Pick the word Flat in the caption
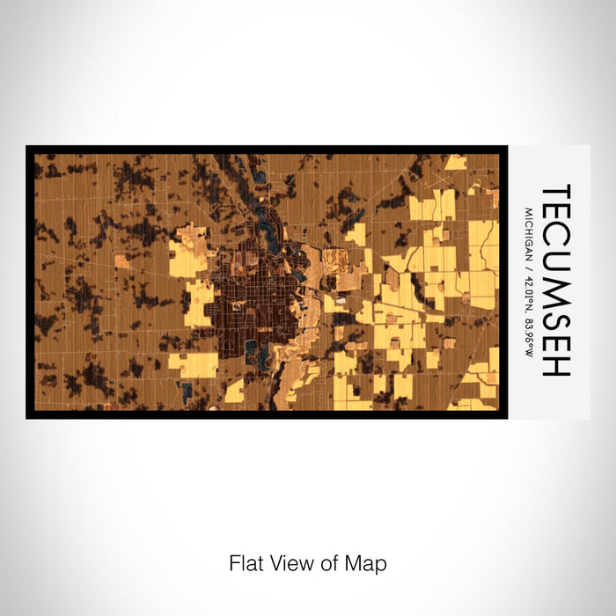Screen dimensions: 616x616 click(246, 562)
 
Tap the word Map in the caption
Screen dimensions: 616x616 click(368, 562)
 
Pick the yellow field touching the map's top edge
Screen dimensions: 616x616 click(456, 162)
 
